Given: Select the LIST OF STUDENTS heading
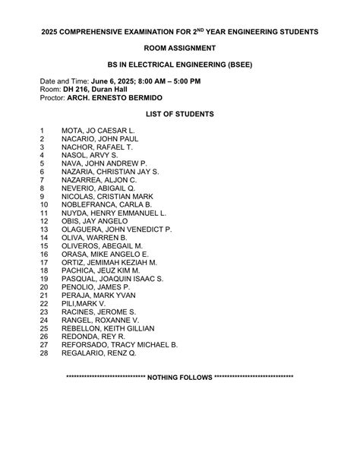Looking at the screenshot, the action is click(x=180, y=113).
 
